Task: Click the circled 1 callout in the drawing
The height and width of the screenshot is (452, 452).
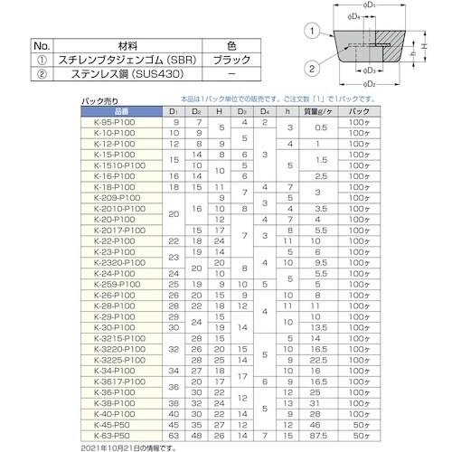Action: click(x=311, y=33)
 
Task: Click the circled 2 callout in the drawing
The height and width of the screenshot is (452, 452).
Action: click(x=311, y=67)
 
